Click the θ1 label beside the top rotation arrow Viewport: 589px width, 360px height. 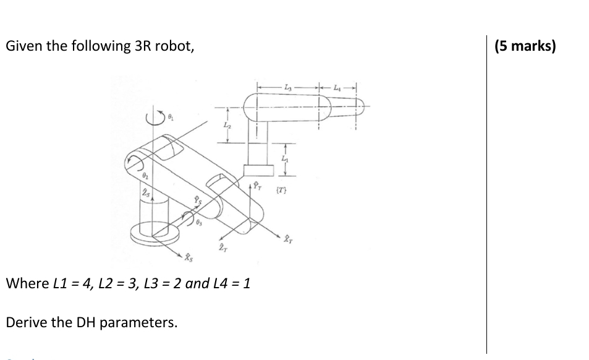[172, 116]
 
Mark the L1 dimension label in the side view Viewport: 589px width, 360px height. [285, 160]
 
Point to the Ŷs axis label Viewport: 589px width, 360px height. [197, 200]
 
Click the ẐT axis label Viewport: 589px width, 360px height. [221, 248]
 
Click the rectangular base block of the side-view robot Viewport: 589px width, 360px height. [258, 170]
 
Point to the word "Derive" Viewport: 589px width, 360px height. [25, 322]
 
